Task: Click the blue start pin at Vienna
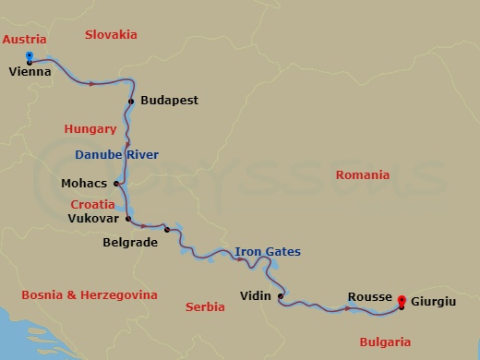point(30,56)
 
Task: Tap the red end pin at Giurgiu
point(401,300)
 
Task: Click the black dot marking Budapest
point(132,101)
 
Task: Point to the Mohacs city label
point(85,183)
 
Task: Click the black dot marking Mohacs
point(116,183)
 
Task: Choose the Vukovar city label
point(93,219)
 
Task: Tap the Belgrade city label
point(130,243)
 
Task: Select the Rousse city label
point(368,296)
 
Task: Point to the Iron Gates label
point(267,251)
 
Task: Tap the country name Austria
point(24,40)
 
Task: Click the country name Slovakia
point(110,34)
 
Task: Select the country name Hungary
point(90,129)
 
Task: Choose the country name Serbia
point(206,306)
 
